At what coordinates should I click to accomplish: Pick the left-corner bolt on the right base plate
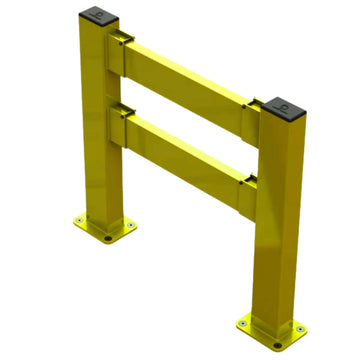click(x=243, y=322)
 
